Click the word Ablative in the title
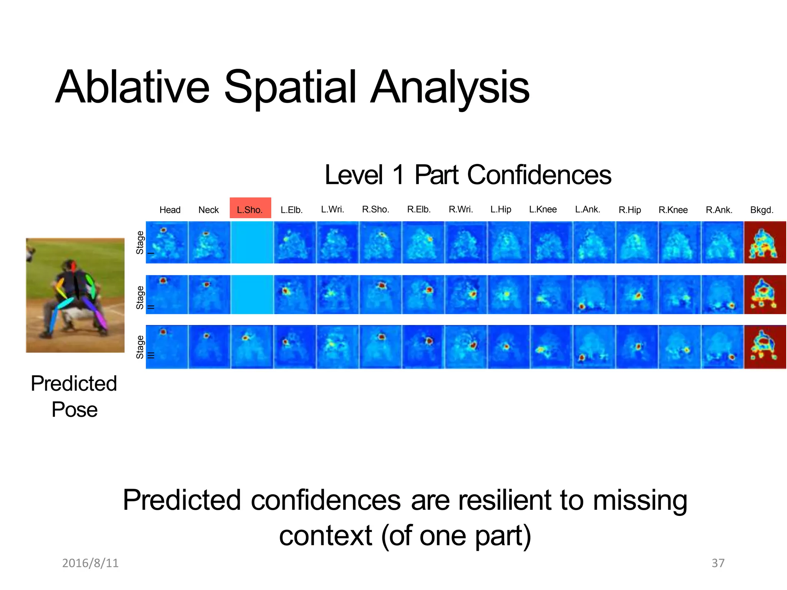(x=133, y=87)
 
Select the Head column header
(x=170, y=210)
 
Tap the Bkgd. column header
(x=762, y=210)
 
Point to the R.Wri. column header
(x=461, y=209)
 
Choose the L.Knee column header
(x=543, y=209)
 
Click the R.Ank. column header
(x=719, y=210)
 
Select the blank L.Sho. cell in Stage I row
(x=252, y=242)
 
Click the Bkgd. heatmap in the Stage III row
(x=765, y=347)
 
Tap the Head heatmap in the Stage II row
(x=167, y=295)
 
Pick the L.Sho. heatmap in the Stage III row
(x=252, y=347)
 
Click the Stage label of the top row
(x=140, y=242)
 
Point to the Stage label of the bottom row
(x=140, y=347)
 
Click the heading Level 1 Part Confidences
(x=468, y=175)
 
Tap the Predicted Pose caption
(x=74, y=396)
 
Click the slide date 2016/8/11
(x=90, y=563)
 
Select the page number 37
(x=718, y=563)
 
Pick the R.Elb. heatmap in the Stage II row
(x=423, y=295)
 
